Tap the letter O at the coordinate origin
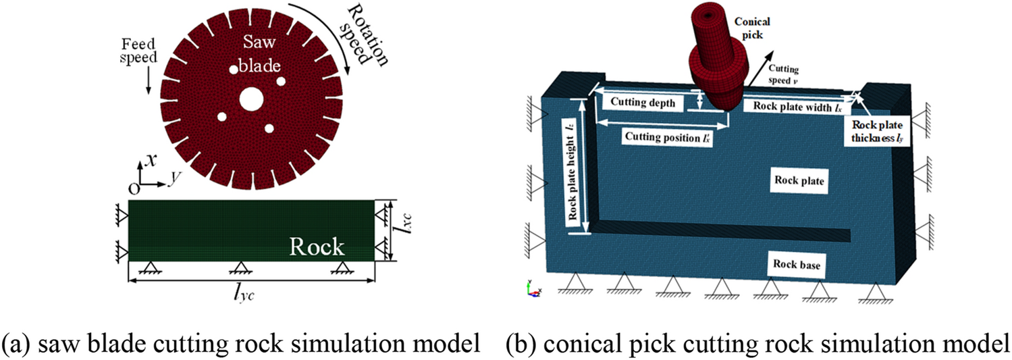134,186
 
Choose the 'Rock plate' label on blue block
799,182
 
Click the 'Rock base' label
797,265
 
